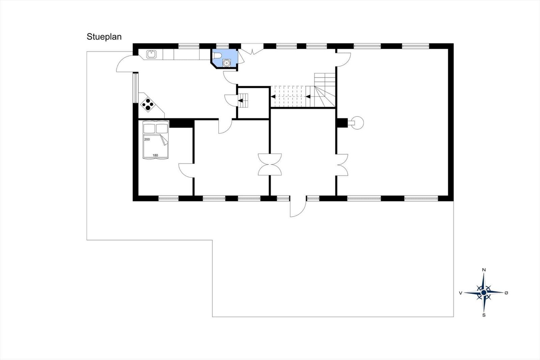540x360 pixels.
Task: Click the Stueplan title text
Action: pyautogui.click(x=104, y=37)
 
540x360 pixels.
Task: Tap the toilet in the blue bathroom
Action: pyautogui.click(x=217, y=55)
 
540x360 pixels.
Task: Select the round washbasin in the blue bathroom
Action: pyautogui.click(x=226, y=63)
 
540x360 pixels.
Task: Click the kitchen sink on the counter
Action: pyautogui.click(x=152, y=54)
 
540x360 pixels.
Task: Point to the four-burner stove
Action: pyautogui.click(x=148, y=104)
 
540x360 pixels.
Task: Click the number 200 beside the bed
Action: pyautogui.click(x=147, y=139)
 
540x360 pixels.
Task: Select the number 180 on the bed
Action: pyautogui.click(x=155, y=155)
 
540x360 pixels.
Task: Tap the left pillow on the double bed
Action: pyautogui.click(x=149, y=129)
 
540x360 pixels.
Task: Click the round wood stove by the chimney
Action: pyautogui.click(x=357, y=123)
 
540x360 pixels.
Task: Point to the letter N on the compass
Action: pyautogui.click(x=484, y=270)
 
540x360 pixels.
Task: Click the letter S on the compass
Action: pyautogui.click(x=484, y=315)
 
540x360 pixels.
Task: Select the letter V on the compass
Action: pyautogui.click(x=460, y=293)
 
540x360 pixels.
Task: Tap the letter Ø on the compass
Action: pyautogui.click(x=506, y=293)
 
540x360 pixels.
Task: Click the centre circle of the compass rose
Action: pyautogui.click(x=484, y=293)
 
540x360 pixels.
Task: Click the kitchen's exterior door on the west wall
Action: pyautogui.click(x=125, y=64)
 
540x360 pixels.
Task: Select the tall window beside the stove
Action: pyautogui.click(x=136, y=88)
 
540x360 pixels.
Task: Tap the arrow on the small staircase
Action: pyautogui.click(x=241, y=101)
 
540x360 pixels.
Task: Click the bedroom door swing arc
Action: pyautogui.click(x=186, y=171)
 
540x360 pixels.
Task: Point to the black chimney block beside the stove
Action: pyautogui.click(x=342, y=123)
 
